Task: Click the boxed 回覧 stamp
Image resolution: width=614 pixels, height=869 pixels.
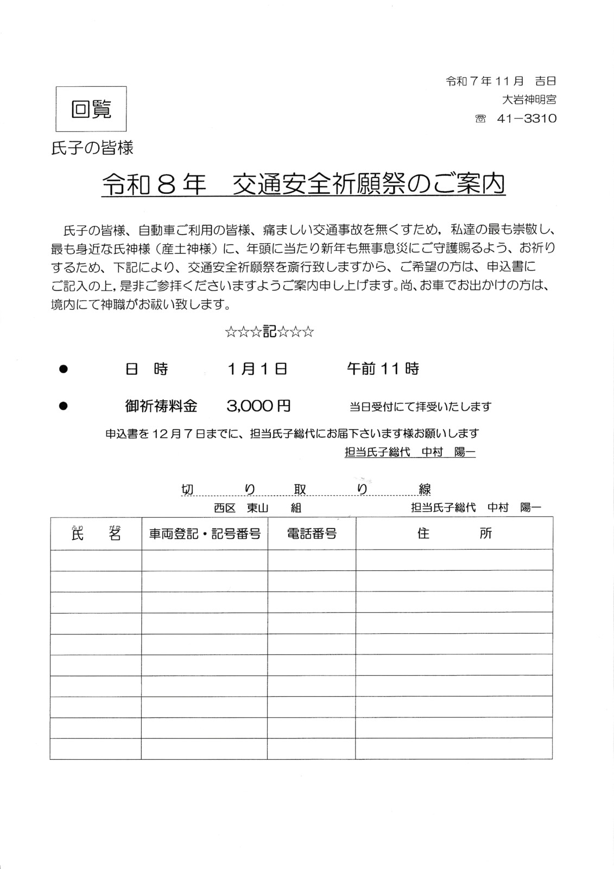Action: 91,109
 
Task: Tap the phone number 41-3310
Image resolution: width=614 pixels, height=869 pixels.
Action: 526,118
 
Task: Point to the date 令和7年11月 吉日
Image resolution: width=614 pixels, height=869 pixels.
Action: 501,81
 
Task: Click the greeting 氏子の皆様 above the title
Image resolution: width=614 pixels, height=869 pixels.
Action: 92,148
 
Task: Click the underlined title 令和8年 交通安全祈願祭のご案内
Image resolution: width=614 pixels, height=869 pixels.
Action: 303,185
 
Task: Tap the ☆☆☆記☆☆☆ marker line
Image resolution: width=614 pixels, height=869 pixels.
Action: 269,332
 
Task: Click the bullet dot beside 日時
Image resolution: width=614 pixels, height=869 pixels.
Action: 63,369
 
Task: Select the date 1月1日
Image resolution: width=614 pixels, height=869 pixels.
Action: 257,369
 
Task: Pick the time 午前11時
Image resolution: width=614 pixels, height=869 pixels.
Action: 383,369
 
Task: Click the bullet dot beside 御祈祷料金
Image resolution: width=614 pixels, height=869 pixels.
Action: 63,406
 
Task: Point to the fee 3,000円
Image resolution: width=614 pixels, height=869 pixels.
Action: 258,406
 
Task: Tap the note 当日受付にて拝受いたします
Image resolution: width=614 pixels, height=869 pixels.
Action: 420,406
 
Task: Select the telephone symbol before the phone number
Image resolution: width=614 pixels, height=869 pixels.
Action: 480,118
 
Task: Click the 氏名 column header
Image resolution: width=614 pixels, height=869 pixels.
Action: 96,533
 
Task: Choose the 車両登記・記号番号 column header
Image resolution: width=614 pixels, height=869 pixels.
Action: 205,534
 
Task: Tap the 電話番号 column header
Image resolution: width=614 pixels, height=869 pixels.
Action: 312,534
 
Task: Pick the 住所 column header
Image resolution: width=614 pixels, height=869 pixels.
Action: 454,533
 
